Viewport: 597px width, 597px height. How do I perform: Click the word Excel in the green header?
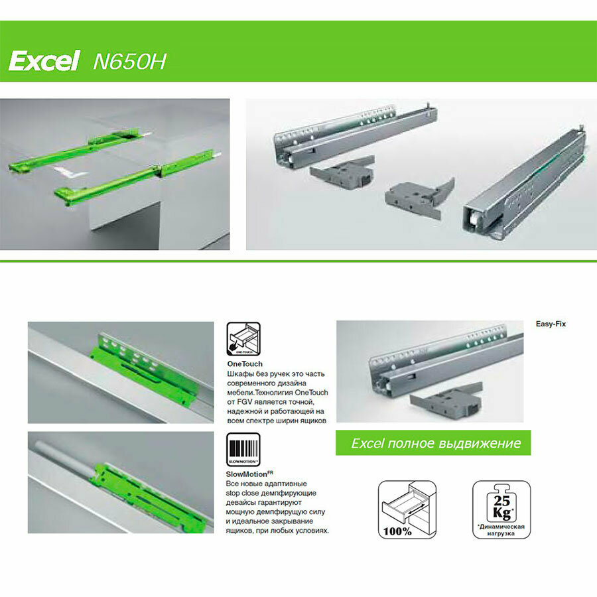click(x=44, y=62)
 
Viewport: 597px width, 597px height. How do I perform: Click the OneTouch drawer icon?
click(x=243, y=339)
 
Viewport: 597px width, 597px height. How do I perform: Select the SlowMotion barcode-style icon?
click(x=243, y=450)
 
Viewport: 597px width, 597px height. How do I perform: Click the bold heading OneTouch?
click(x=245, y=364)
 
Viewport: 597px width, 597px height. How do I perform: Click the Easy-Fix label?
click(x=551, y=324)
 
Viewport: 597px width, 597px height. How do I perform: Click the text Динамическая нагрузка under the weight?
click(x=501, y=530)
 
